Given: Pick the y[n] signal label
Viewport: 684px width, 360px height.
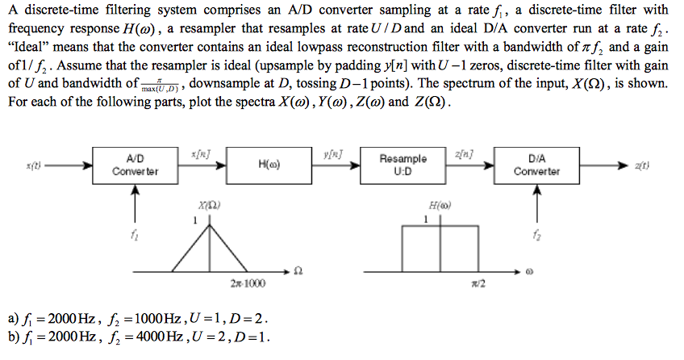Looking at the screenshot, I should (x=332, y=153).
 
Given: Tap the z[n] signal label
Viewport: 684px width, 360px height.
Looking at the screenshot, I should (x=465, y=153).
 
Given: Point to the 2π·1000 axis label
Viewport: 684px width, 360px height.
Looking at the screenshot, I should (x=247, y=283).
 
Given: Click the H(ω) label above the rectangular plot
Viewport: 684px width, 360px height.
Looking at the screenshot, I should (x=440, y=206).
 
